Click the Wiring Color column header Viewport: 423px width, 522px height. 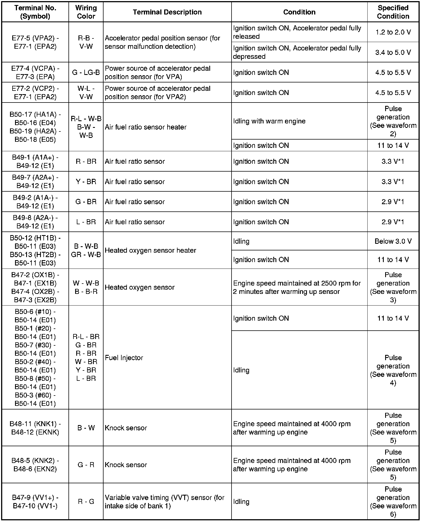point(86,12)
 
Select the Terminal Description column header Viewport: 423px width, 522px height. point(167,12)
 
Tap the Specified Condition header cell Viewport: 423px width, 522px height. point(393,12)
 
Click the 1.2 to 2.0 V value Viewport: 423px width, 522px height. point(393,32)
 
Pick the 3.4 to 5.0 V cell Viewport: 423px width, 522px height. point(393,52)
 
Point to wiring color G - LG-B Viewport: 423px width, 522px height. point(86,72)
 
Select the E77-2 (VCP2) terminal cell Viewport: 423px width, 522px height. point(35,92)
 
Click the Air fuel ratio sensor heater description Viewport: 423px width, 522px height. point(146,127)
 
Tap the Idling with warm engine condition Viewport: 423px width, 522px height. point(269,121)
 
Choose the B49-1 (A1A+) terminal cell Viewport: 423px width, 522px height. point(35,161)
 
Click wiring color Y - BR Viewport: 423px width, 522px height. point(86,182)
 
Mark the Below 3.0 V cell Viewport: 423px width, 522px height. point(393,241)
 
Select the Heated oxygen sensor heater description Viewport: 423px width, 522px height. point(150,250)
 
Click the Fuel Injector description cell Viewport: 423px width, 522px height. point(124,358)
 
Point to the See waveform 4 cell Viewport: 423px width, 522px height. point(393,370)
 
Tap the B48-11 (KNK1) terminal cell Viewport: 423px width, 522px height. point(35,428)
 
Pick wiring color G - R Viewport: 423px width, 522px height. point(86,465)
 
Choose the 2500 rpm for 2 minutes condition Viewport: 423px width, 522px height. point(297,287)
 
